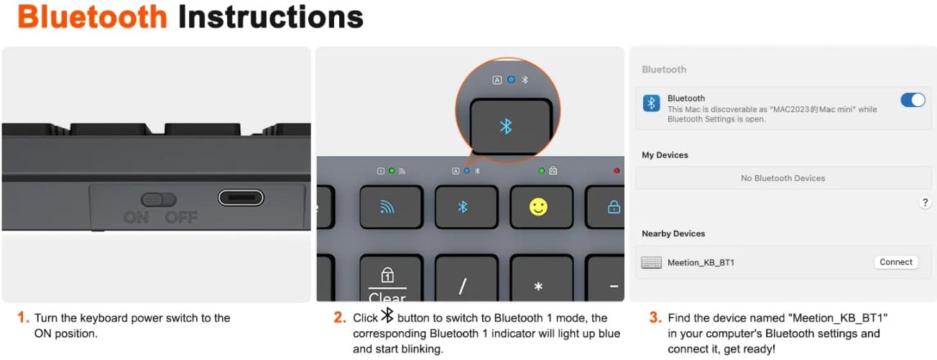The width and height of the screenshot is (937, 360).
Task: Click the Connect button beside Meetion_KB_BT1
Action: [895, 262]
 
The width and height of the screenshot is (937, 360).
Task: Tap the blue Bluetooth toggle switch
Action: [913, 100]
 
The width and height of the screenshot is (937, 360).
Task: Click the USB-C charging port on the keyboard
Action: [241, 198]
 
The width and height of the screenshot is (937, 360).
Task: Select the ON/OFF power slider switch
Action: [159, 200]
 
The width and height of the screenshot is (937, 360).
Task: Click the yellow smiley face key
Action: [541, 207]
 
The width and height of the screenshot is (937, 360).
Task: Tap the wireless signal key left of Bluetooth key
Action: [391, 207]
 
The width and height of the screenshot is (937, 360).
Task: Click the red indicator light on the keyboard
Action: [617, 170]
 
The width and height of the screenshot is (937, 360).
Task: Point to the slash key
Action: [466, 278]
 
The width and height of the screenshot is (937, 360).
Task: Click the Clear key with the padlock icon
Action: [391, 278]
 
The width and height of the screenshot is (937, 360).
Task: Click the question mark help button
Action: [925, 203]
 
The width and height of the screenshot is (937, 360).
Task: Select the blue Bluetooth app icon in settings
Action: [651, 103]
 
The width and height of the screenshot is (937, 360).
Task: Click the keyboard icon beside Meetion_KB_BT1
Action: [651, 262]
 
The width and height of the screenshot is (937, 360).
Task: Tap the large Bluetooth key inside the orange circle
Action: [511, 126]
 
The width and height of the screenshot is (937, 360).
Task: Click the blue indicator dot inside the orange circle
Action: [511, 80]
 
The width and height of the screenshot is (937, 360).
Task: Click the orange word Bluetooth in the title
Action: [93, 17]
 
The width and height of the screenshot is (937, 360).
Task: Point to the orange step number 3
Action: [655, 318]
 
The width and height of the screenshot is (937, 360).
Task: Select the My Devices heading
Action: [665, 155]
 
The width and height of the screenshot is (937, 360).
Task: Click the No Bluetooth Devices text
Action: [783, 178]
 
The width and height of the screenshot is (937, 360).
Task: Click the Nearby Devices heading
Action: [673, 234]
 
